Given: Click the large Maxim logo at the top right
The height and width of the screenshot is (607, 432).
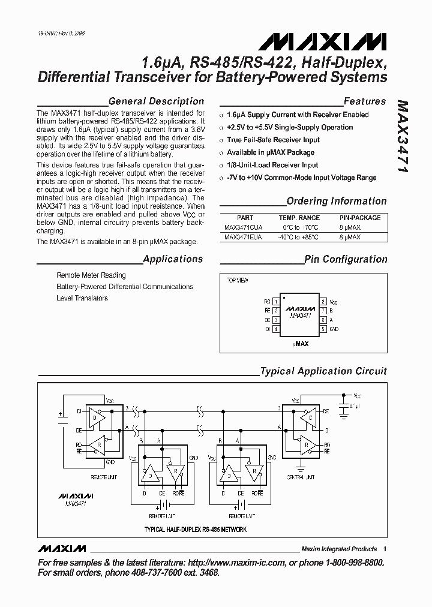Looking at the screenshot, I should [x=322, y=41].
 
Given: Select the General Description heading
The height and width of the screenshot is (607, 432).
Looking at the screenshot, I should [x=156, y=101].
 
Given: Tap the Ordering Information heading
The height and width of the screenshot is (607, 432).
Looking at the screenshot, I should [x=337, y=201].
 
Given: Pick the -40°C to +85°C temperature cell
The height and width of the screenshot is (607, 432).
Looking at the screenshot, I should [x=298, y=238].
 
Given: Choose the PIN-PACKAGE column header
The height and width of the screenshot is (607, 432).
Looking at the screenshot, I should [x=360, y=218].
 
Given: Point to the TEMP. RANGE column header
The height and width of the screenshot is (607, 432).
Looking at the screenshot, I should [x=299, y=218].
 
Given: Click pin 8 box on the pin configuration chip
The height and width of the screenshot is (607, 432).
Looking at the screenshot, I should [x=323, y=301].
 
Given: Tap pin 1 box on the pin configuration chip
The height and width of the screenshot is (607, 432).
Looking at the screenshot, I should [x=275, y=301].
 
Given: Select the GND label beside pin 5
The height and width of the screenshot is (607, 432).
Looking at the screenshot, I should [x=334, y=329].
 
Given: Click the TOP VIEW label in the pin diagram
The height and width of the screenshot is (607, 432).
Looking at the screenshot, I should [x=238, y=280].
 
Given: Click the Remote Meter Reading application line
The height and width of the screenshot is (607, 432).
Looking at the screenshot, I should [x=91, y=275].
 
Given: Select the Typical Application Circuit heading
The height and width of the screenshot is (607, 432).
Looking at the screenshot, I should [x=323, y=371].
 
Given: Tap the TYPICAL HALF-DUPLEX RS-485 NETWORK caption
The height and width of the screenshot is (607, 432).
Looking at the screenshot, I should [x=196, y=530].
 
